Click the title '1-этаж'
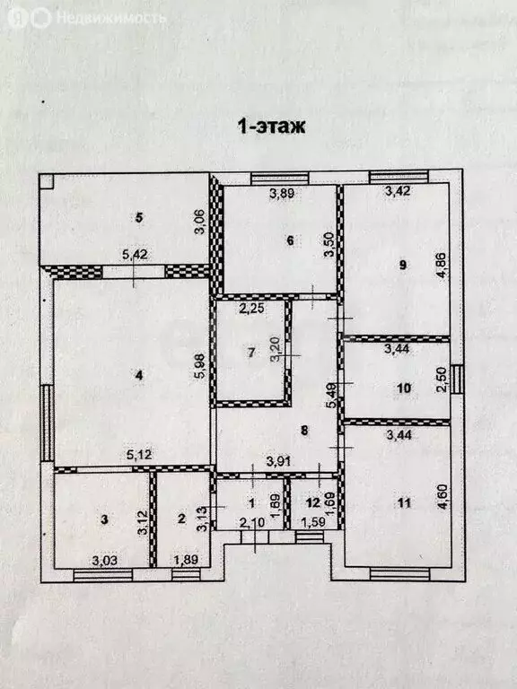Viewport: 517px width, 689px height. pos(270,126)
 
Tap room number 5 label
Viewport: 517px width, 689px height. pos(139,216)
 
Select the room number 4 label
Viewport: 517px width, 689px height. pos(139,376)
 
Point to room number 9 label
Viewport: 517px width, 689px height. pos(402,264)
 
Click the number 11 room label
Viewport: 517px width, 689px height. pos(403,503)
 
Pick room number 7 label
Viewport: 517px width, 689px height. pos(251,352)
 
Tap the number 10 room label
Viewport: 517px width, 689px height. pos(403,388)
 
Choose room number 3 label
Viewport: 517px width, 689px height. pos(104,519)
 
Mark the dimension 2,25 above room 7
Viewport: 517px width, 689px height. pos(250,310)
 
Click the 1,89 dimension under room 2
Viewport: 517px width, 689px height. pos(186,560)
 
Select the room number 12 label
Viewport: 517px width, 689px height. pos(311,503)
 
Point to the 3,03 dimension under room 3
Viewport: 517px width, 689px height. pos(105,560)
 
